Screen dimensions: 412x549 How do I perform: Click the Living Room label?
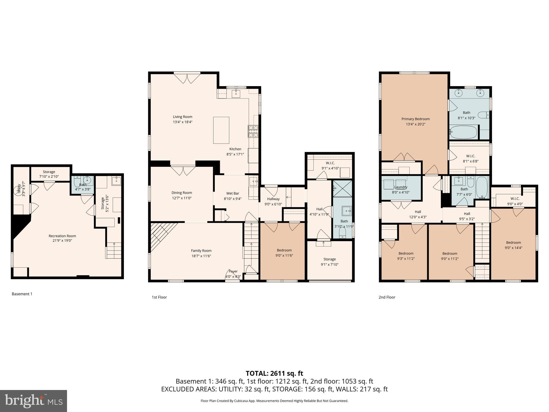[182, 117]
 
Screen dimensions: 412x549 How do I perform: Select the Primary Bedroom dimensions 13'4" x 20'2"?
[416, 124]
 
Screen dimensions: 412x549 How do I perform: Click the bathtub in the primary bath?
[463, 132]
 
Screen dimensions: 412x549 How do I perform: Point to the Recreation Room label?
[62, 236]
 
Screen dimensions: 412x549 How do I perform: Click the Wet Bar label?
[232, 193]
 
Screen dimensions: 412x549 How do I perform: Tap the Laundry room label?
[401, 187]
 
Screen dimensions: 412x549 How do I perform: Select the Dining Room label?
[182, 193]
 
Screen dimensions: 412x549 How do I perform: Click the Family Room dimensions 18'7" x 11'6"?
[201, 256]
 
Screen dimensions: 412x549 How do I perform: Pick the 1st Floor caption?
[159, 297]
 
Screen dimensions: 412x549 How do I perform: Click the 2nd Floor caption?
[387, 297]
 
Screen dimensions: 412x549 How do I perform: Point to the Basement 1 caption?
[22, 294]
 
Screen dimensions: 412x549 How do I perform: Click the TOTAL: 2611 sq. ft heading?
[274, 373]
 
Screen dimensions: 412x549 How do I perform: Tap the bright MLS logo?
[34, 401]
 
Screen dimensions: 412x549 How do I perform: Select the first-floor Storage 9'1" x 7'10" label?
[329, 259]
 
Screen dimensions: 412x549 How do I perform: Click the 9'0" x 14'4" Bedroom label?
[513, 242]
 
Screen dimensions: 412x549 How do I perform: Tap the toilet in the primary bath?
[484, 115]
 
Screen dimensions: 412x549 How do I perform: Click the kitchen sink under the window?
[236, 94]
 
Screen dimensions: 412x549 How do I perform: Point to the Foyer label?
[233, 271]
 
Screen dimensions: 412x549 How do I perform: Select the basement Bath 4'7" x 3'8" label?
[83, 185]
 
